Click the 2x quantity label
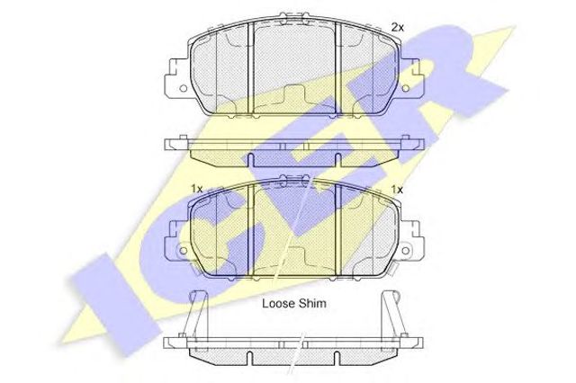pos(397,27)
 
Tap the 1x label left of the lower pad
pos(197,189)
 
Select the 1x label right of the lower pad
pos(397,190)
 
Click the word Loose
pos(278,303)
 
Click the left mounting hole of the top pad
pos(184,88)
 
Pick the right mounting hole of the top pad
pos(405,88)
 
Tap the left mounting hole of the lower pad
pos(183,251)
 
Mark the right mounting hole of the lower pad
pos(406,251)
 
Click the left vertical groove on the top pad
pos(250,68)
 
